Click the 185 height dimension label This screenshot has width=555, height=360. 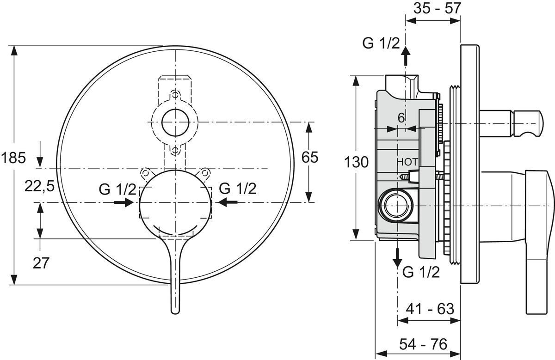click(x=12, y=159)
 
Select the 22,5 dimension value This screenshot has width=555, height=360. click(x=39, y=186)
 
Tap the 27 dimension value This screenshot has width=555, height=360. click(x=41, y=262)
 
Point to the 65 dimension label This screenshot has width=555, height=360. click(x=310, y=158)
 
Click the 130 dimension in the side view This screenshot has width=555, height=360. click(x=356, y=162)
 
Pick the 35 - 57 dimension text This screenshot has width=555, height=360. click(x=433, y=8)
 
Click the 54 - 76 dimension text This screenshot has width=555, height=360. click(x=424, y=344)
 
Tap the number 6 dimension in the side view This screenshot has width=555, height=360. click(x=401, y=118)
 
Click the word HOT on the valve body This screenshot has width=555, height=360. click(x=407, y=162)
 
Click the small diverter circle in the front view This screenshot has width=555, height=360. click(x=175, y=122)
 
